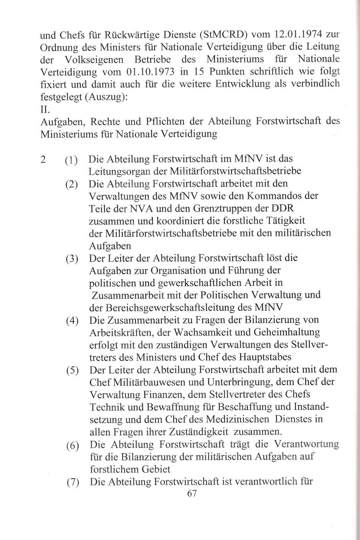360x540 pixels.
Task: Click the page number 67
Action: pyautogui.click(x=192, y=493)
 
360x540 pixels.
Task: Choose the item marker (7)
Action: pyautogui.click(x=72, y=482)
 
